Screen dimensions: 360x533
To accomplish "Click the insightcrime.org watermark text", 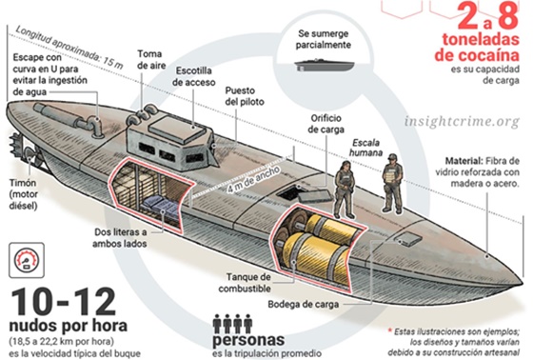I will (462, 122).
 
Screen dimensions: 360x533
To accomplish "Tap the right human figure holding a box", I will (391, 181).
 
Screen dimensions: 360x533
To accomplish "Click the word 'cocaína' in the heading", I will (480, 54).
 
